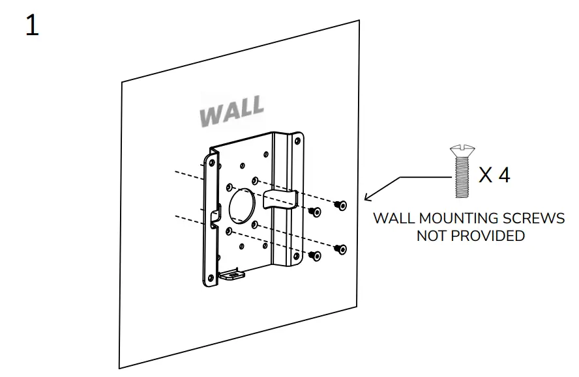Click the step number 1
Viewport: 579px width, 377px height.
pos(32,26)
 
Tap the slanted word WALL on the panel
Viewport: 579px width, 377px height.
pos(232,112)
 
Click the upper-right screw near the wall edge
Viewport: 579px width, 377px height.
pos(340,205)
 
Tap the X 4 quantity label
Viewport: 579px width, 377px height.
pos(494,175)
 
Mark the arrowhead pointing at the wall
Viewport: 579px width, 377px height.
pos(367,197)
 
